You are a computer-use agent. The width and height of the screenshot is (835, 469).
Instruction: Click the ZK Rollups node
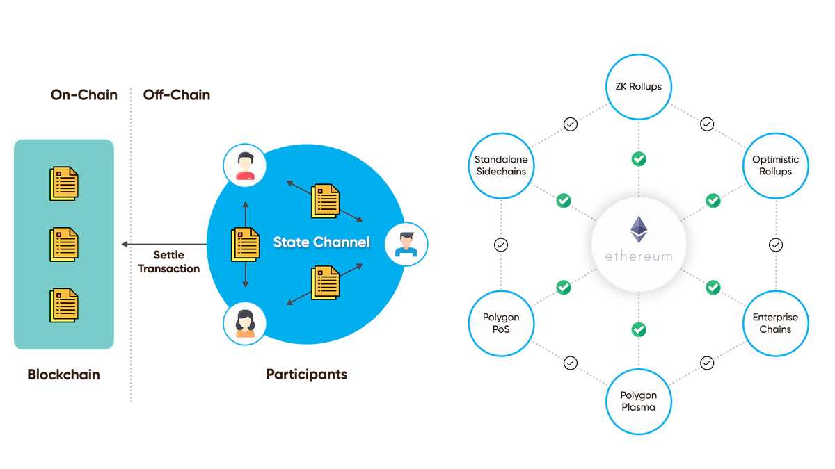[x=638, y=87]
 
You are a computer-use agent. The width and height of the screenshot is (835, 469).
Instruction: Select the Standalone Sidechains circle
[x=501, y=165]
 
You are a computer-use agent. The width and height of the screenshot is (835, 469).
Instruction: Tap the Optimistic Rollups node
[x=775, y=165]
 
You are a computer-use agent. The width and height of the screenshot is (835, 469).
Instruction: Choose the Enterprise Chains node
[x=775, y=323]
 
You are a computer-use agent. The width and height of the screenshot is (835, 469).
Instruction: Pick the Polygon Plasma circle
[x=638, y=402]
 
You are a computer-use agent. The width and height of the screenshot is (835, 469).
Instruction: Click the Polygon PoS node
[x=501, y=323]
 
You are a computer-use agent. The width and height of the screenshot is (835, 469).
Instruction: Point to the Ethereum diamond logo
[x=638, y=230]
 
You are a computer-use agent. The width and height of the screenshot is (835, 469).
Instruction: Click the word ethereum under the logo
[x=638, y=256]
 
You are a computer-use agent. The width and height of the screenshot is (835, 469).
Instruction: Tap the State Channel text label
[x=321, y=242]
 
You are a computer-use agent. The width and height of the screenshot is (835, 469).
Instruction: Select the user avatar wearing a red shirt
[x=245, y=165]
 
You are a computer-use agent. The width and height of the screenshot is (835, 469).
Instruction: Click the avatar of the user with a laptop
[x=405, y=243]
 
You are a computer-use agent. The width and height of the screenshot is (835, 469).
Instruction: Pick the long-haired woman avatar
[x=245, y=323]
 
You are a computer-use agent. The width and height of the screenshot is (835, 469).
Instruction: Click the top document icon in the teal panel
[x=63, y=183]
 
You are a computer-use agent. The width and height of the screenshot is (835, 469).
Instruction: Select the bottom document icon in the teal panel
[x=63, y=305]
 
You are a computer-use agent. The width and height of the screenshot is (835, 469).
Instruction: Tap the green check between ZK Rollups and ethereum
[x=639, y=158]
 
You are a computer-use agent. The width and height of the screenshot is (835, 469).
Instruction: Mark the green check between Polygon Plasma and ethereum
[x=639, y=328]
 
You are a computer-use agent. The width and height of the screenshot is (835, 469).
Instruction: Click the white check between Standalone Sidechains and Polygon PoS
[x=501, y=245]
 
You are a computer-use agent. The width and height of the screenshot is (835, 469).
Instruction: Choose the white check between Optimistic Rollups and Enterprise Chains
[x=775, y=245]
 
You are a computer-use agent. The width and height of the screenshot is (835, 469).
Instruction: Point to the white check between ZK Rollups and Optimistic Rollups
[x=707, y=124]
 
